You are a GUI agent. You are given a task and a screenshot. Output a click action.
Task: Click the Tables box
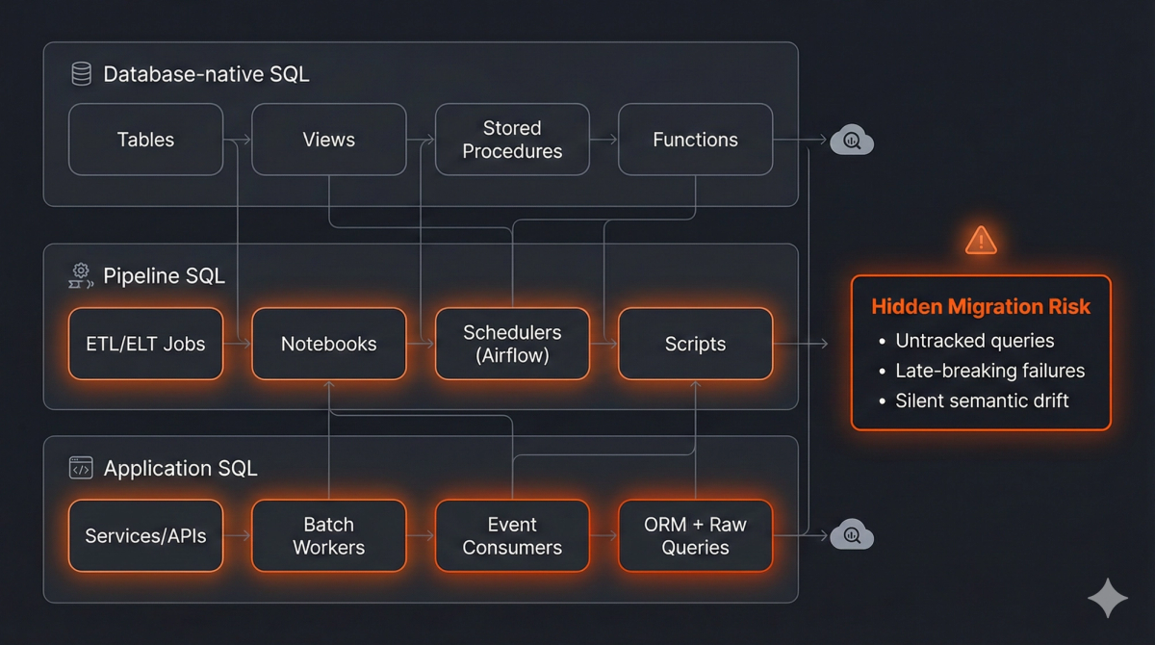pyautogui.click(x=146, y=140)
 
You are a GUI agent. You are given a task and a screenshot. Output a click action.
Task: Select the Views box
pyautogui.click(x=328, y=140)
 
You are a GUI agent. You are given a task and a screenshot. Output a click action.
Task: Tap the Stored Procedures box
pyautogui.click(x=512, y=140)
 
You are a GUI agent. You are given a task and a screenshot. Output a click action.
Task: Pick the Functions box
pyautogui.click(x=695, y=140)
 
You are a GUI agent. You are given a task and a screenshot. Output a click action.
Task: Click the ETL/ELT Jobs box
pyautogui.click(x=146, y=344)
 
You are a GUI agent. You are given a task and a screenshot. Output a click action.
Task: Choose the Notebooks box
pyautogui.click(x=328, y=344)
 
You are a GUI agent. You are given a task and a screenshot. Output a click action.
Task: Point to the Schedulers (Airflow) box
pyautogui.click(x=512, y=344)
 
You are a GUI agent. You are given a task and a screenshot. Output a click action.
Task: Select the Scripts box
pyautogui.click(x=695, y=344)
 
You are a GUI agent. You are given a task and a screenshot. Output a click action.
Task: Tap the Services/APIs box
pyautogui.click(x=146, y=536)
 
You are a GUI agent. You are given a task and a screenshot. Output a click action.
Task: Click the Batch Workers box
pyautogui.click(x=328, y=536)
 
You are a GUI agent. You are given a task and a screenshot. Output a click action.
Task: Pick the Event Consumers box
pyautogui.click(x=512, y=536)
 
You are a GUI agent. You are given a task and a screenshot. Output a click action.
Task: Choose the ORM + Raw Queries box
pyautogui.click(x=695, y=536)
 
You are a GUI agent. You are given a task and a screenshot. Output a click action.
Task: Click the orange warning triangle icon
pyautogui.click(x=981, y=240)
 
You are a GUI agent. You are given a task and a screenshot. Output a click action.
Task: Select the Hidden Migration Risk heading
pyautogui.click(x=981, y=307)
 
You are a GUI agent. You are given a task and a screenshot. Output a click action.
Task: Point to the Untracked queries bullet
pyautogui.click(x=974, y=341)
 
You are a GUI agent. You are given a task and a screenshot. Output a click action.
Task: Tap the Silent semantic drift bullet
pyautogui.click(x=982, y=400)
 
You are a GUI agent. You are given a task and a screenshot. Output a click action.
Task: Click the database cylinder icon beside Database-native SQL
pyautogui.click(x=81, y=74)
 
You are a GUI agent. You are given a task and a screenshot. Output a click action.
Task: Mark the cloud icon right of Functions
pyautogui.click(x=852, y=142)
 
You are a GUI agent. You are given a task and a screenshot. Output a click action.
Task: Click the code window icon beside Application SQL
pyautogui.click(x=81, y=469)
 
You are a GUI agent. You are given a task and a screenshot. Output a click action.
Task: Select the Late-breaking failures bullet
pyautogui.click(x=989, y=371)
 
